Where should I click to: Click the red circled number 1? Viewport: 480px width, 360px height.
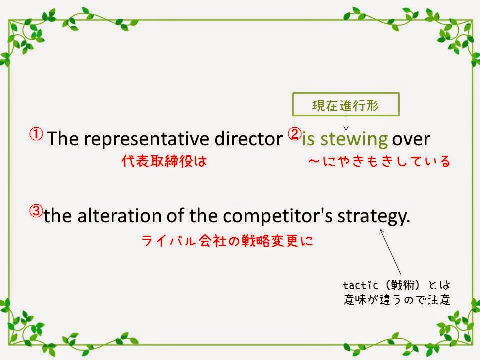[36, 134]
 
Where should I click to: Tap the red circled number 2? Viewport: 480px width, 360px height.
[295, 134]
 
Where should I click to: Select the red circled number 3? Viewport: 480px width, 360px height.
[36, 211]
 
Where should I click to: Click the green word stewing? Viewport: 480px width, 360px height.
[354, 140]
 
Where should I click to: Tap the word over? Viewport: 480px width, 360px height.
[411, 140]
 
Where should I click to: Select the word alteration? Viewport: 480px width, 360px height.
[119, 215]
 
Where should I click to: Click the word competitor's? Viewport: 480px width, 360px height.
[278, 216]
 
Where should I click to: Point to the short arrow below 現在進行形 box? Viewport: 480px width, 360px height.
[346, 123]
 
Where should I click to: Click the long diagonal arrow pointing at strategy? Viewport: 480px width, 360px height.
[390, 251]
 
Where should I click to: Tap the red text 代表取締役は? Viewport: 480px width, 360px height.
[164, 161]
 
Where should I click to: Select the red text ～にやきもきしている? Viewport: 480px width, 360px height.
[379, 161]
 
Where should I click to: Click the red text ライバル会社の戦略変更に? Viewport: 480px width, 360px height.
[227, 241]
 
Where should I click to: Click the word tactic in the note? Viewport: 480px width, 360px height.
[360, 285]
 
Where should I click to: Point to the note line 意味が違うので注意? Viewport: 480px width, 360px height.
[397, 299]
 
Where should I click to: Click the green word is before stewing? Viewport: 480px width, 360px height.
[308, 139]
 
